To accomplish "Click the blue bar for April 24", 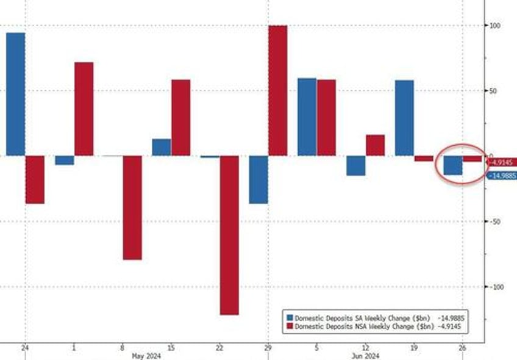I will pos(15,94).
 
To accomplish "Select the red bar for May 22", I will pos(229,235).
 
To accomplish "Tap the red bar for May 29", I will pos(277,90).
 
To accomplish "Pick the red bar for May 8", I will pos(132,207).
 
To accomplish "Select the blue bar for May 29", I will pos(258,179).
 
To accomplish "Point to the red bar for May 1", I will pos(84,109).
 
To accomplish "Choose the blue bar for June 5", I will pos(307,117).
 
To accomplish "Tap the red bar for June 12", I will pos(375,145).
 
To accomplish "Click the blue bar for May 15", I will pos(161,147).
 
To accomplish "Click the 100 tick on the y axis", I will pos(497,26).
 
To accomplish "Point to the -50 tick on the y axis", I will pos(497,221).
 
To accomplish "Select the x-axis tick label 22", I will pos(219,347).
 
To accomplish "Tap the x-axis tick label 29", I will pos(268,347).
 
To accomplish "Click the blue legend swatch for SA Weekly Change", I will pos(290,317).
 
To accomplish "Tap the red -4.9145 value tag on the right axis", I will pos(503,163).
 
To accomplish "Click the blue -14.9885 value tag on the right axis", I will pos(503,176).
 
